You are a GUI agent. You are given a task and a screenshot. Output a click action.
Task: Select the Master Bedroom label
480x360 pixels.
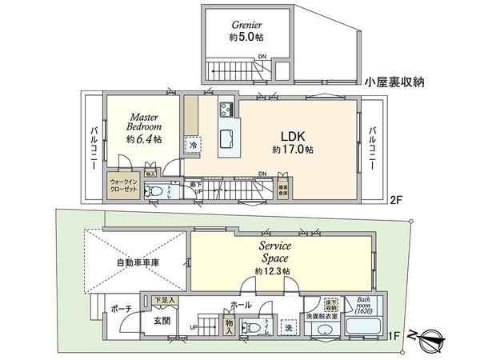pos(145,120)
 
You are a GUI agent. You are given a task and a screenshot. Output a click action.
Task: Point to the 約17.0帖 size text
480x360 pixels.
pos(292,150)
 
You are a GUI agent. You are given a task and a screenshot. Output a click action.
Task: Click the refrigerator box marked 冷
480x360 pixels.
pos(193,146)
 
